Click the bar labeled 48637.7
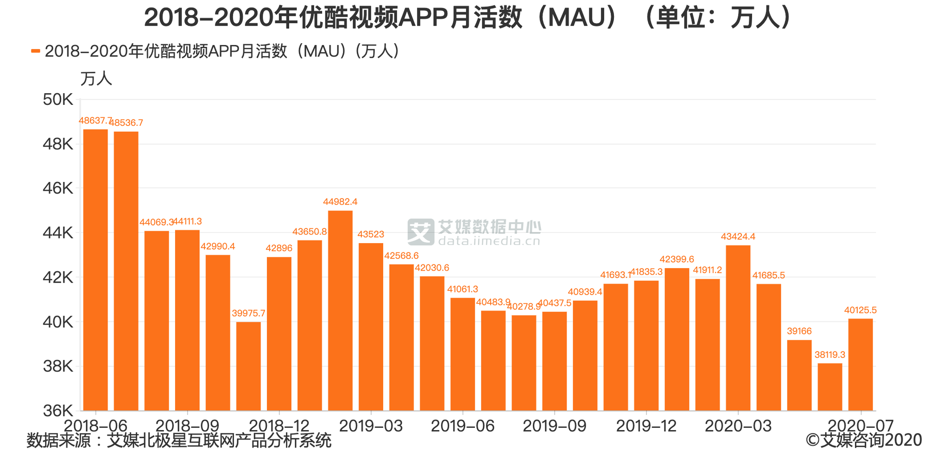pos(95,269)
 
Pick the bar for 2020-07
pos(860,364)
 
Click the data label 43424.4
pos(738,237)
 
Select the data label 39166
pos(799,331)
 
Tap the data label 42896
pos(279,248)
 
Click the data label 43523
pos(371,234)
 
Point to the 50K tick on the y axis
pos(58,99)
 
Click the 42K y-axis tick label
pos(58,277)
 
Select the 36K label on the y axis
pos(58,411)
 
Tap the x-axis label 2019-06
pos(462,425)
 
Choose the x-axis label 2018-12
pos(279,425)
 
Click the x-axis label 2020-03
pos(738,425)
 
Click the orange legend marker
pos(36,51)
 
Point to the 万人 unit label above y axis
pos(96,78)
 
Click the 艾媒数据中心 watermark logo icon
pos(421,232)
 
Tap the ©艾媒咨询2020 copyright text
pos(864,440)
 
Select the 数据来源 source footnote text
pos(179,440)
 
